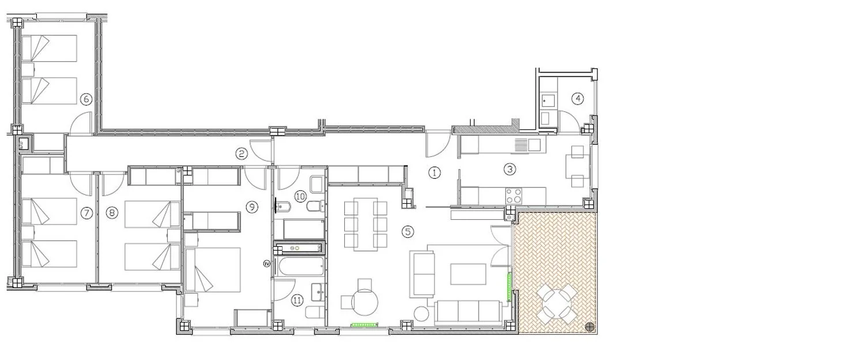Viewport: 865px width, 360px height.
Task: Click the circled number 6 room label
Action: tap(86, 99)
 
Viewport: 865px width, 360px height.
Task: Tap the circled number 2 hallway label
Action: tap(242, 153)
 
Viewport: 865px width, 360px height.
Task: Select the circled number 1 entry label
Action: tap(435, 172)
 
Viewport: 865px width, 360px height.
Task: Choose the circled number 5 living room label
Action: tap(408, 232)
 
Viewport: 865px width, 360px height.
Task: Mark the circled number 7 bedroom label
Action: tap(86, 213)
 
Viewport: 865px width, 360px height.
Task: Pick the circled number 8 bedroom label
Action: tap(112, 212)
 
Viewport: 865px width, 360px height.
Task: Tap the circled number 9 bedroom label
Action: tap(252, 207)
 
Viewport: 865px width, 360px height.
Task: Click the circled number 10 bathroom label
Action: tap(300, 196)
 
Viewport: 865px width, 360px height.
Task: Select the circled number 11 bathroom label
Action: tap(297, 300)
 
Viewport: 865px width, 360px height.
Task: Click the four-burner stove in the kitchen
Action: tap(514, 196)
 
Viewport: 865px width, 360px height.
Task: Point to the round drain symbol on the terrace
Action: tap(590, 327)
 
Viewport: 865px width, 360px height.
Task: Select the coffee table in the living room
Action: tap(468, 274)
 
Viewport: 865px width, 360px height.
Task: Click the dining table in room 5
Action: tap(365, 224)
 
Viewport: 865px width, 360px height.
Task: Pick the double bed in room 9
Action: tap(213, 270)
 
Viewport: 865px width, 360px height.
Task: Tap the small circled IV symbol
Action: tap(266, 264)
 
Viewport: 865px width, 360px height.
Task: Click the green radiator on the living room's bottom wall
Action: tap(364, 325)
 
